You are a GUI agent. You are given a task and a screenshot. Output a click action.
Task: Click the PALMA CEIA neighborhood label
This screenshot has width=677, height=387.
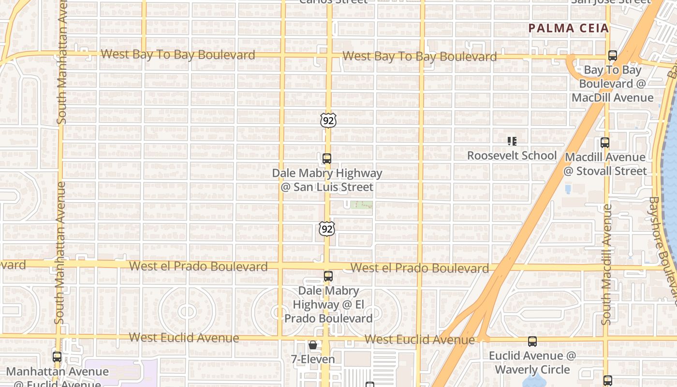pyautogui.click(x=568, y=28)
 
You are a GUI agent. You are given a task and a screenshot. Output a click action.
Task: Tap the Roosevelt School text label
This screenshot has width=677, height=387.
pyautogui.click(x=512, y=156)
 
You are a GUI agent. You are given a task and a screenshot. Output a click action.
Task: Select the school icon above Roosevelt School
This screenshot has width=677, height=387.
pyautogui.click(x=512, y=141)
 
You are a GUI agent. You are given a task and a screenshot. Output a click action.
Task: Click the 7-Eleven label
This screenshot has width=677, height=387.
pyautogui.click(x=313, y=359)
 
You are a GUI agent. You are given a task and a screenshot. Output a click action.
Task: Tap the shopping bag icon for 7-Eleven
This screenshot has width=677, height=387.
pyautogui.click(x=313, y=345)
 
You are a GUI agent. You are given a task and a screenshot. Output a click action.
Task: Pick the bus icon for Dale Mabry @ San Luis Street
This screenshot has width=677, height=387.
pyautogui.click(x=327, y=159)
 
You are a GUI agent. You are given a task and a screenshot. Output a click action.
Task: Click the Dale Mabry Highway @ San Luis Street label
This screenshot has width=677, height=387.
pyautogui.click(x=327, y=180)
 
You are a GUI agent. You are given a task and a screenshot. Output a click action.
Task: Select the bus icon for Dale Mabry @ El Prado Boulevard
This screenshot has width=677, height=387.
pyautogui.click(x=328, y=276)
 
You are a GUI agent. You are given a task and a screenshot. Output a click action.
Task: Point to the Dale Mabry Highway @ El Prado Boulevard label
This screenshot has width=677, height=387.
pyautogui.click(x=328, y=305)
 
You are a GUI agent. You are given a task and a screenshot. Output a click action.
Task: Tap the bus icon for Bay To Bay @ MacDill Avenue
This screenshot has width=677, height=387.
pyautogui.click(x=613, y=56)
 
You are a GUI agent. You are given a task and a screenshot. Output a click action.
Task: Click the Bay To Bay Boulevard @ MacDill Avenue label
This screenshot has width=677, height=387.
pyautogui.click(x=613, y=84)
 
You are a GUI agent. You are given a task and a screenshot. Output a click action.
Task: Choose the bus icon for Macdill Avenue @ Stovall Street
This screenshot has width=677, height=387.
pyautogui.click(x=605, y=143)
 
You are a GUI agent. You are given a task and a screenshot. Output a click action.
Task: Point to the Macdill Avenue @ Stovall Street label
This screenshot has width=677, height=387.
pyautogui.click(x=605, y=164)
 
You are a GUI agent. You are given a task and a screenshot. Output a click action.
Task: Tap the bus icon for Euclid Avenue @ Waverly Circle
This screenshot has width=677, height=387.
pyautogui.click(x=532, y=342)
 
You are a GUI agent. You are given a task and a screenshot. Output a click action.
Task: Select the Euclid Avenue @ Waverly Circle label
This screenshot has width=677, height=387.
pyautogui.click(x=532, y=363)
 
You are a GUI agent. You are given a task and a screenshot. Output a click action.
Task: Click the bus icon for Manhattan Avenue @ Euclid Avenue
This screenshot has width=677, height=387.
pyautogui.click(x=57, y=357)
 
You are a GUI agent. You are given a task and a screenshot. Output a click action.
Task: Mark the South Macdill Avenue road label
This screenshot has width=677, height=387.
pyautogui.click(x=607, y=264)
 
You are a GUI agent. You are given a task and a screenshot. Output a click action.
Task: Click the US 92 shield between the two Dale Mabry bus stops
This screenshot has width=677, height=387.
pyautogui.click(x=327, y=228)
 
